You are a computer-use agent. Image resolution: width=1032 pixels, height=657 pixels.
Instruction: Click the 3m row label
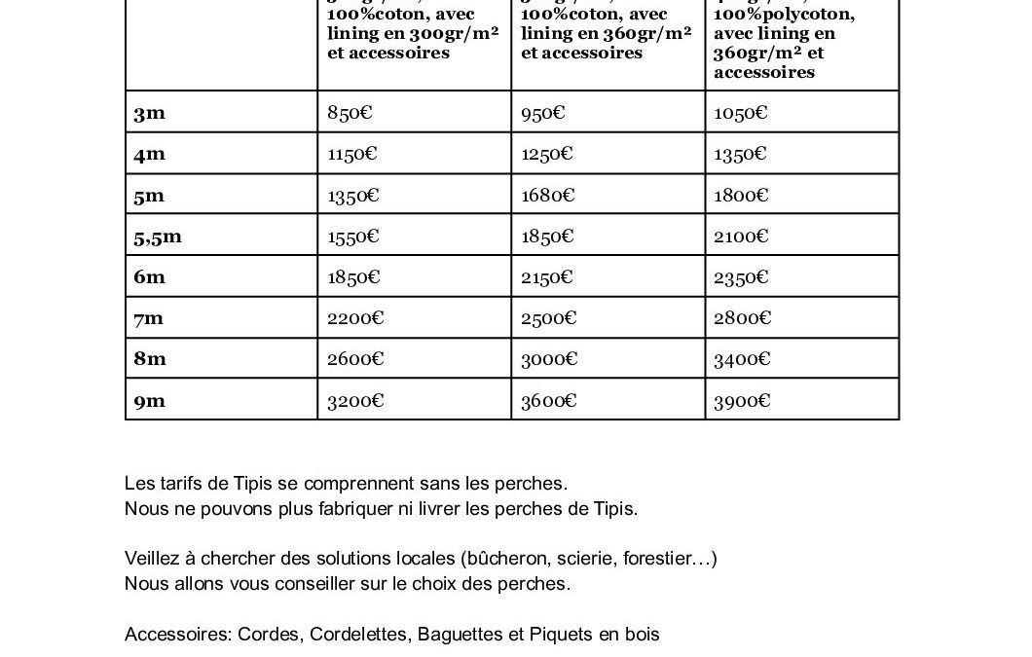tap(150, 113)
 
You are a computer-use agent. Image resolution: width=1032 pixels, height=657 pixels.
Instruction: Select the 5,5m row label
tap(158, 237)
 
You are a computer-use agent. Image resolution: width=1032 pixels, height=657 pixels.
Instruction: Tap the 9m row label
tap(150, 400)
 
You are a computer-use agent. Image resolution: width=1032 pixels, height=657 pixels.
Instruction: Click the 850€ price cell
tap(350, 113)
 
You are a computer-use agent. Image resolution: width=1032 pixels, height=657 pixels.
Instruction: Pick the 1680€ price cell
tap(547, 196)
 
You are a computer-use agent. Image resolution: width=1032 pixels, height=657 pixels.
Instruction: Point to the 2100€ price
tap(741, 237)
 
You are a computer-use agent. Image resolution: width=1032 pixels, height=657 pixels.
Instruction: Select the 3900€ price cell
tap(742, 400)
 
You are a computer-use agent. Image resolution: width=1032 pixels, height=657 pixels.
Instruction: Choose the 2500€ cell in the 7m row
tap(549, 318)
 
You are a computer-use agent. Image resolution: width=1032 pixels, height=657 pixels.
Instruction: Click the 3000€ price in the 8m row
tap(549, 359)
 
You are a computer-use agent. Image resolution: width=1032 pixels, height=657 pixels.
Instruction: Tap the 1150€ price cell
tap(352, 154)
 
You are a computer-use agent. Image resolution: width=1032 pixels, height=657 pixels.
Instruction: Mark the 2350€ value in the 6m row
tap(741, 277)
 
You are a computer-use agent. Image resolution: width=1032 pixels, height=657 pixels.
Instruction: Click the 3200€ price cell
tap(355, 400)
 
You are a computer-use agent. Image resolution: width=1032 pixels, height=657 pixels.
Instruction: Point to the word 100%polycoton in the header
tap(784, 15)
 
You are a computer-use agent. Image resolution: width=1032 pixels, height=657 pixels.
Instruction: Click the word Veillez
tap(152, 559)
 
